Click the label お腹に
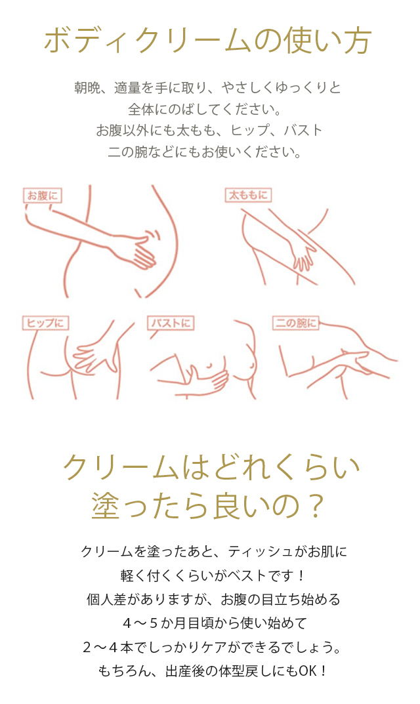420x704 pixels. pyautogui.click(x=42, y=196)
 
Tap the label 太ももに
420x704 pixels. pyautogui.click(x=248, y=196)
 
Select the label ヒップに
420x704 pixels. pyautogui.click(x=45, y=323)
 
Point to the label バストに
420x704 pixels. pyautogui.click(x=171, y=323)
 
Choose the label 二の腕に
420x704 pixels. pyautogui.click(x=295, y=323)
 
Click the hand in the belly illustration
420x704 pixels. pyautogui.click(x=140, y=251)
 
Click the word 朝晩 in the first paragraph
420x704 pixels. pyautogui.click(x=87, y=87)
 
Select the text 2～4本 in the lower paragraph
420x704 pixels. pyautogui.click(x=108, y=648)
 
